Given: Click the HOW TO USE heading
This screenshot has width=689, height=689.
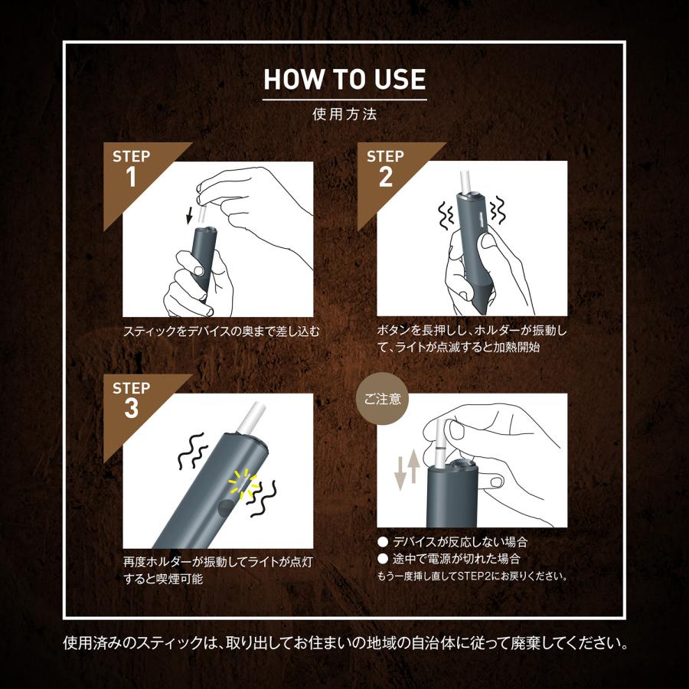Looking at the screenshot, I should (344, 80).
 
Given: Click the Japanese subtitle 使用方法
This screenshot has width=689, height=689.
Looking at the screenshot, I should (344, 116).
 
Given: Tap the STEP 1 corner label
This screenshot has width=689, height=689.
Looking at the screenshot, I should (131, 168).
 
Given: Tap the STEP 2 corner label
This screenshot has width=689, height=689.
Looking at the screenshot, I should (385, 168).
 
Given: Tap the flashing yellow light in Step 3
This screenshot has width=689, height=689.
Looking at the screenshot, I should (242, 485).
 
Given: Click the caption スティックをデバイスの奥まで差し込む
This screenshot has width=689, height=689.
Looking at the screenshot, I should (220, 332).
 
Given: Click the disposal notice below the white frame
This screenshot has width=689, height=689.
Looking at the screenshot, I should (344, 642).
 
